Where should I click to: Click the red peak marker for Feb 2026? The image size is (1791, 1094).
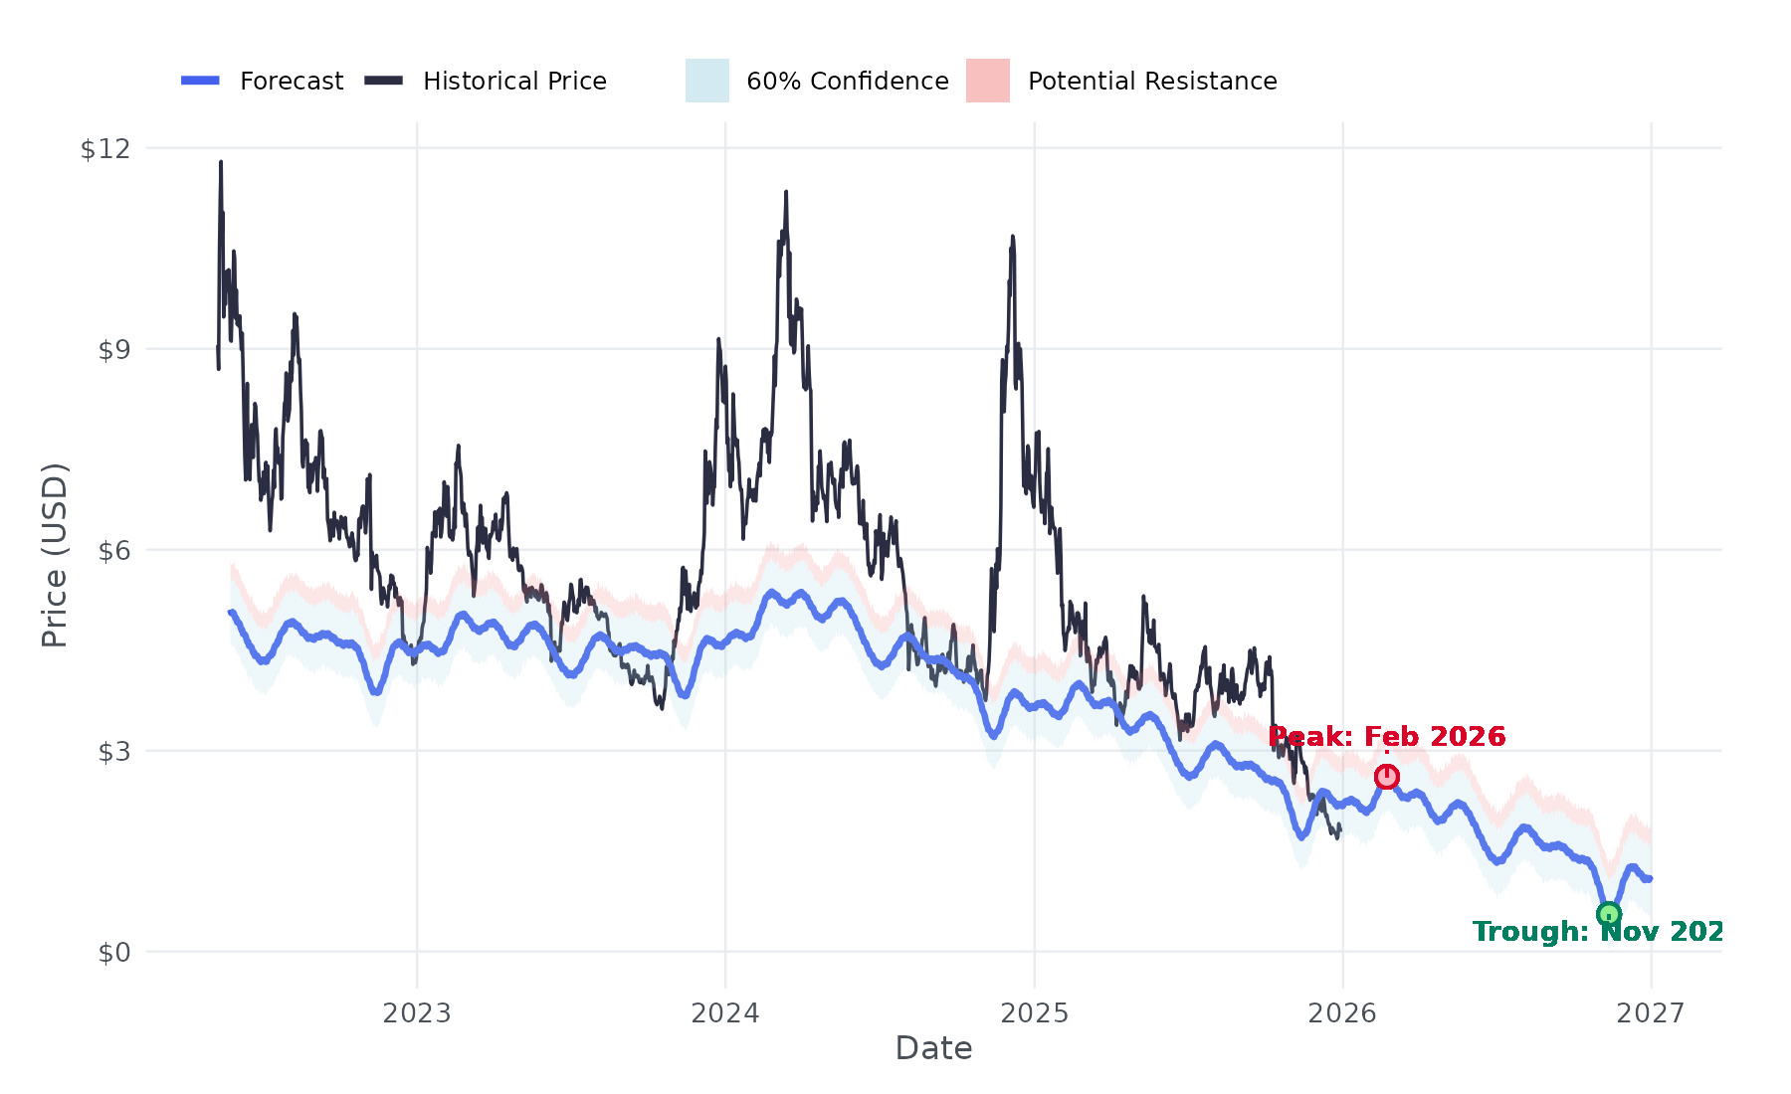1387,777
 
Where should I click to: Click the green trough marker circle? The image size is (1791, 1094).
1609,914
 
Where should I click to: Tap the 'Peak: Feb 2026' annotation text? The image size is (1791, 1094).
1387,737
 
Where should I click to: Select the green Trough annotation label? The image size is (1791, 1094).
1597,932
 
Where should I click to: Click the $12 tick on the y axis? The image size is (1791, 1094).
105,149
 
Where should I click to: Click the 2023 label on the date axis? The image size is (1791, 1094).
417,1013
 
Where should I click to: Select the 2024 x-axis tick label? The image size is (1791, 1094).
725,1013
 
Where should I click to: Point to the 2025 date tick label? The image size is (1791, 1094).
1034,1013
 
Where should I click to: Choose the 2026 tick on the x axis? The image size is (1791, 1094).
1342,1013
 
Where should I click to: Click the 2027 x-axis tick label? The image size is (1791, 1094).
1651,1013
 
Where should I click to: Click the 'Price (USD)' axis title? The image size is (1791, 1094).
55,555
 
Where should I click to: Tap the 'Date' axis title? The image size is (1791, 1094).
933,1048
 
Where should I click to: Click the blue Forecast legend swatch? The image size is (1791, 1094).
200,81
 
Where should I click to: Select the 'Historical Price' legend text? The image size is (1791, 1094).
514,81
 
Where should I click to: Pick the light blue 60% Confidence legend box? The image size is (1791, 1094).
707,81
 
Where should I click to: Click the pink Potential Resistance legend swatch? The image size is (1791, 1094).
988,81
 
